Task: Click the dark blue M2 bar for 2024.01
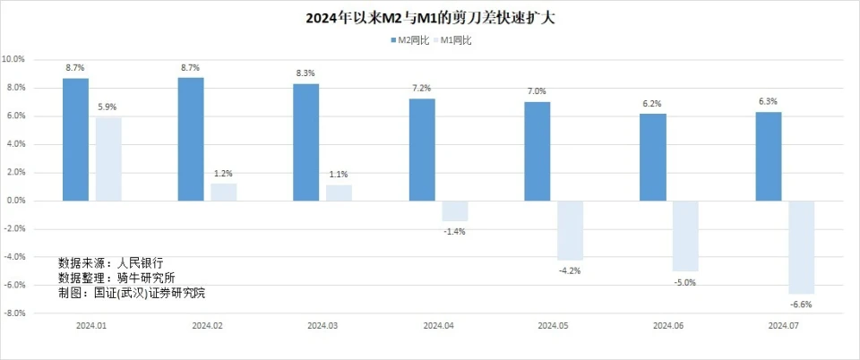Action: pos(75,139)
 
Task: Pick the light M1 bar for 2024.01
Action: pos(108,159)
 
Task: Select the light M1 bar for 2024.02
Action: pos(224,192)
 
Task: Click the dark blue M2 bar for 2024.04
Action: pos(422,150)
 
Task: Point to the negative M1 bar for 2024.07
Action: pos(802,247)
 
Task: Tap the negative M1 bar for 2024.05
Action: pos(570,230)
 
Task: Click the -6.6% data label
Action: pos(802,305)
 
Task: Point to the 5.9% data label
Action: pos(108,107)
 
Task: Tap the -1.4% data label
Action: pos(455,232)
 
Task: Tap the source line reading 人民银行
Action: pos(111,263)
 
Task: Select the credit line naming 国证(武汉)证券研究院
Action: pos(137,292)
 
